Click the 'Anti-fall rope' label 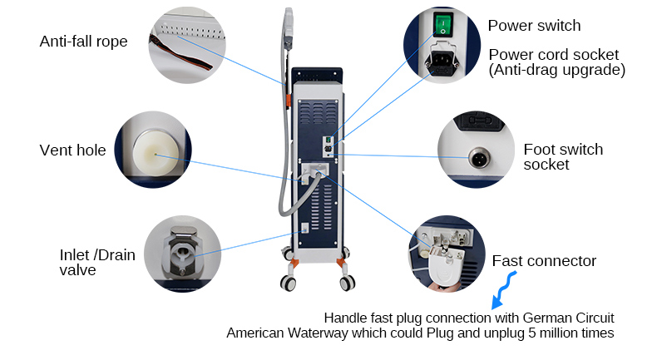coord(83,41)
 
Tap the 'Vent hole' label coord(72,150)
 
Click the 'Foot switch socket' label coord(563,157)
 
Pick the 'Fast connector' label coord(544,261)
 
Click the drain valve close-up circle coord(182,253)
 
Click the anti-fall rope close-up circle coord(188,42)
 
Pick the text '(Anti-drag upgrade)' coord(556,70)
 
